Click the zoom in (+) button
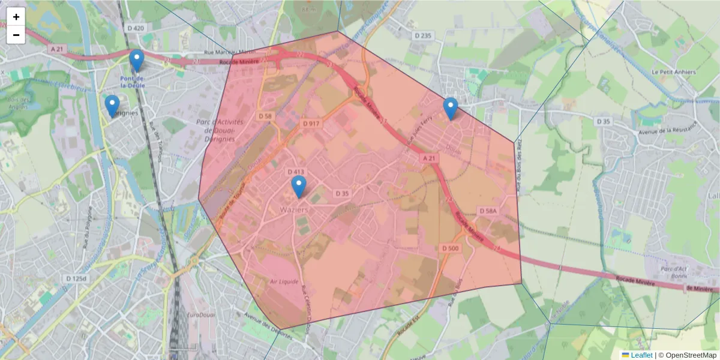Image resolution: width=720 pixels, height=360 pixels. point(16,17)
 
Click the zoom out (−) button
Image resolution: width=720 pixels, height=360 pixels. point(16,35)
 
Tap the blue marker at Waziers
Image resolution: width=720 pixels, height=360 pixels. point(298,187)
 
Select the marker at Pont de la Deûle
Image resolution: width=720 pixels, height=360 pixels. point(137,60)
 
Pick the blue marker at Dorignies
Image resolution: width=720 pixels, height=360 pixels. point(112,106)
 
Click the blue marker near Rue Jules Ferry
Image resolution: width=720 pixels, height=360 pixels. point(451,109)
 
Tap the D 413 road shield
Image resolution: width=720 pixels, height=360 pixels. point(297,172)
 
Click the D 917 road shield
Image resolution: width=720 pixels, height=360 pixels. point(311,124)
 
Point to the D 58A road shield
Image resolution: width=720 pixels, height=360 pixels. point(488,211)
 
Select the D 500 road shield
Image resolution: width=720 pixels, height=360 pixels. point(450,248)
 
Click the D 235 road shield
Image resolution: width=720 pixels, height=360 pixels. point(422,36)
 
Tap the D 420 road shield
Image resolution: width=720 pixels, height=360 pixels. point(136,28)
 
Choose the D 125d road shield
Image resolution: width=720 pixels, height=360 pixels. point(76,279)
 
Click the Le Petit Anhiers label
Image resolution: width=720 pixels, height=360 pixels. point(674,72)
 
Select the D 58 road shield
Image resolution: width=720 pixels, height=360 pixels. point(265,116)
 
